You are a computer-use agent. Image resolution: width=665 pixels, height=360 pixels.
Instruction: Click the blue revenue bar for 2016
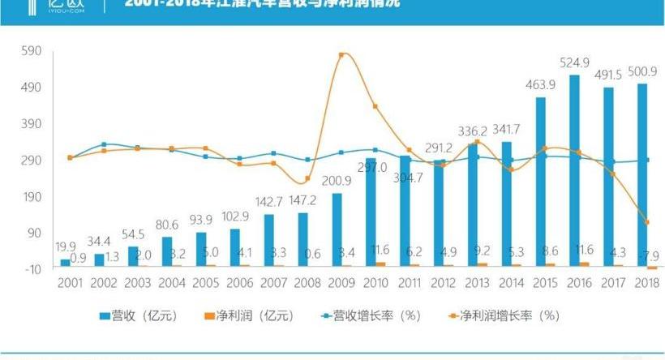(574, 170)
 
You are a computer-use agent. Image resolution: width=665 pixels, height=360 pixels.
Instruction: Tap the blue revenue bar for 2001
(65, 262)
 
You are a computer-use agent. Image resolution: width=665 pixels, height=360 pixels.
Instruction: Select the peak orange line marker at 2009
(341, 55)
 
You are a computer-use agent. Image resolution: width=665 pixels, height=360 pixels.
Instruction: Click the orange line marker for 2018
(646, 222)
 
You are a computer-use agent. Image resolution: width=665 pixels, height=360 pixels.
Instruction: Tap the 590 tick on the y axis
(30, 51)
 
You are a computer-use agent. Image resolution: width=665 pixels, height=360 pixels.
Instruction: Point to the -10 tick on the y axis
(30, 268)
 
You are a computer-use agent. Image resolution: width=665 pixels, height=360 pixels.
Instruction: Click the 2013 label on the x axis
(477, 282)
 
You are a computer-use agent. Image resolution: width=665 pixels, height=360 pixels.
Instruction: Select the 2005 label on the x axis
(205, 282)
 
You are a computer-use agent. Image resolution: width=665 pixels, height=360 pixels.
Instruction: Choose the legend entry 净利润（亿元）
(248, 315)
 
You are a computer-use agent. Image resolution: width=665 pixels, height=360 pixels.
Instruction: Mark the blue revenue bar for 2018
(642, 174)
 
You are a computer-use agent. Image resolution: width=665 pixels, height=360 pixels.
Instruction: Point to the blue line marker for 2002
(103, 144)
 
